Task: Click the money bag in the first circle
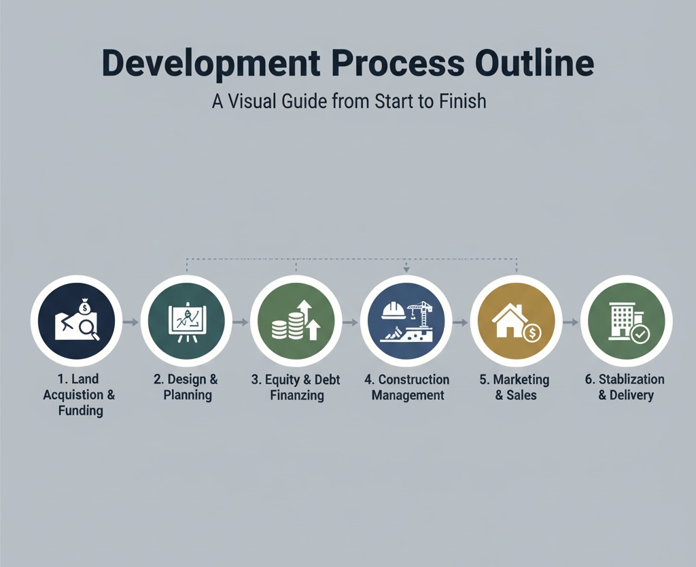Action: click(84, 307)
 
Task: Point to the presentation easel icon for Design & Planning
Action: click(187, 322)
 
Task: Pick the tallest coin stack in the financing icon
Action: click(295, 325)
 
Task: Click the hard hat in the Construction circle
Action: click(394, 311)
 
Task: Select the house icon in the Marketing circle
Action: click(510, 321)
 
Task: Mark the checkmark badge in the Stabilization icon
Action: click(640, 334)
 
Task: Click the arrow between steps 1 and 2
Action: click(131, 322)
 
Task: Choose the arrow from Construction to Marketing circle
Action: click(460, 322)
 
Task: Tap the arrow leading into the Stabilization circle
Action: click(570, 322)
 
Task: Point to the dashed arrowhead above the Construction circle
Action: click(406, 269)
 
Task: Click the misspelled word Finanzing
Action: click(297, 395)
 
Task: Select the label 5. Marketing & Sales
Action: click(515, 387)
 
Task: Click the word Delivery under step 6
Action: click(631, 395)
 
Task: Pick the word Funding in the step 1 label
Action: click(81, 411)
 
